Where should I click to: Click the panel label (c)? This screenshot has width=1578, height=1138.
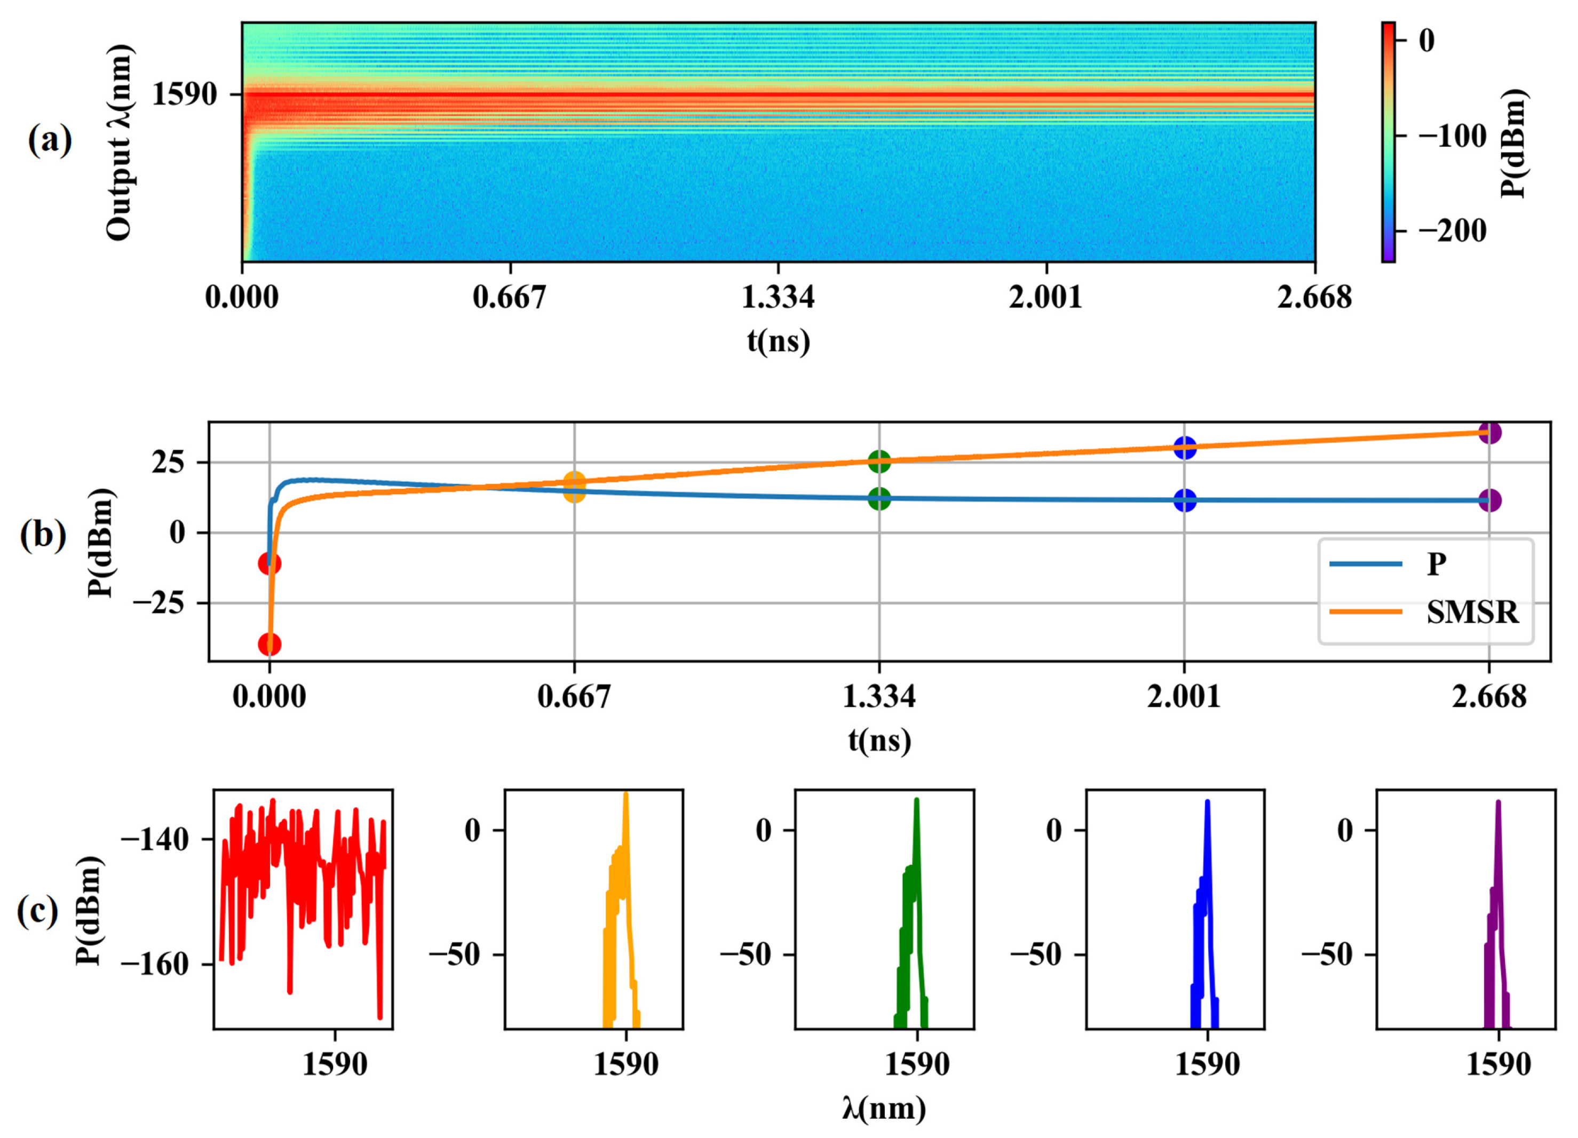tap(37, 911)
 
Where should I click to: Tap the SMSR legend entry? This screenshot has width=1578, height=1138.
tap(1472, 612)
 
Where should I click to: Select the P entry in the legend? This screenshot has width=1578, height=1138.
tap(1436, 563)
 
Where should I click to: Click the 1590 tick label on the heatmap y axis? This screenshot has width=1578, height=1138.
tap(185, 94)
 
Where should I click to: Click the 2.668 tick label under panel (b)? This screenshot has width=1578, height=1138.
tap(1489, 696)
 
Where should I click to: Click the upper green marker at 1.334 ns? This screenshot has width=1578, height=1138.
tap(879, 461)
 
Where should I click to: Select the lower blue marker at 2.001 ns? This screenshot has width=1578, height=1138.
tap(1185, 499)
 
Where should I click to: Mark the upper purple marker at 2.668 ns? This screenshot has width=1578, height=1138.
tap(1489, 433)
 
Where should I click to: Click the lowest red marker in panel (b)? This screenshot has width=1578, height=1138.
tap(269, 644)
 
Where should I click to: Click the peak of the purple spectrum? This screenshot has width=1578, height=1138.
tap(1498, 802)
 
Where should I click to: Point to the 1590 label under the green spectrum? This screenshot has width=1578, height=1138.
tap(916, 1065)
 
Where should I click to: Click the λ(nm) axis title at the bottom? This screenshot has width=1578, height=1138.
tap(884, 1109)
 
